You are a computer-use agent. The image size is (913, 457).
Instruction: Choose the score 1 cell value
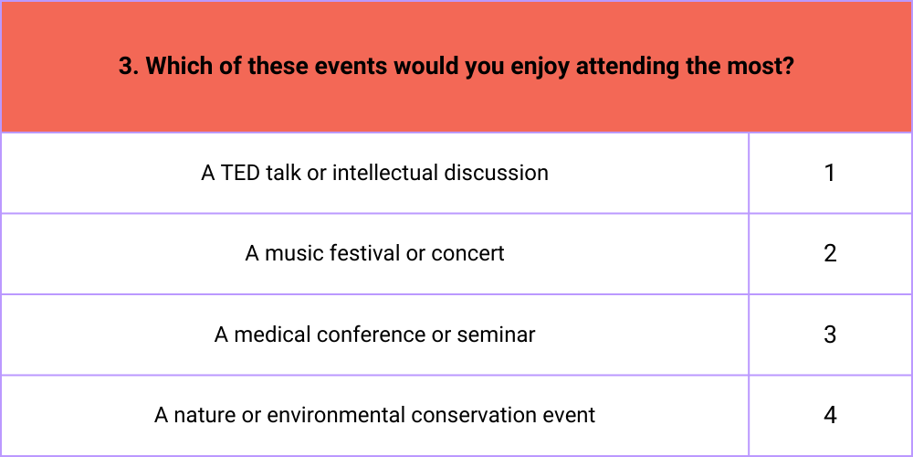point(830,173)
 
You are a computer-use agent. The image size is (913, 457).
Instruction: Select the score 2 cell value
point(830,253)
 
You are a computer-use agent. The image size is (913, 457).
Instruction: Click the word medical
point(272,335)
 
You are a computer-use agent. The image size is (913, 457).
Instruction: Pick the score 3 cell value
point(830,335)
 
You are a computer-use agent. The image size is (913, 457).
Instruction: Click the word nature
point(199,416)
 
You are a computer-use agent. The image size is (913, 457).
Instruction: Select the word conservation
point(473,416)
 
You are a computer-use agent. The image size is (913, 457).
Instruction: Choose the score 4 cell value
point(830,415)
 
